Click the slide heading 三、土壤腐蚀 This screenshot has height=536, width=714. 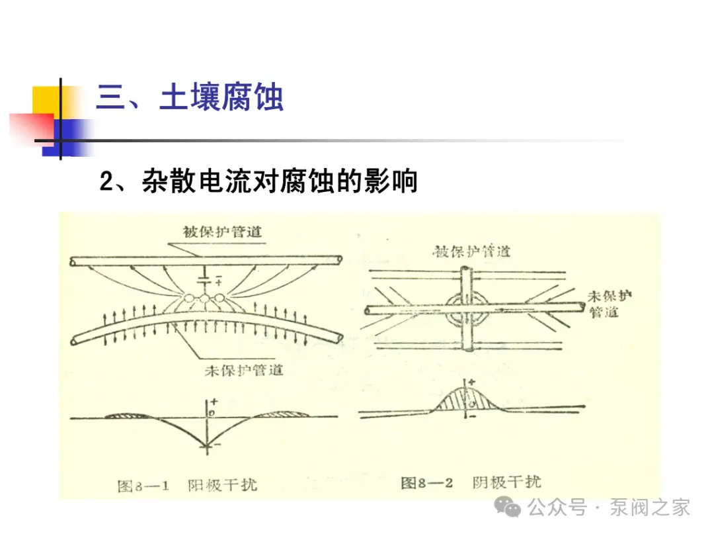point(190,98)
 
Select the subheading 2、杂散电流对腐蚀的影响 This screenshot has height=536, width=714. point(258,181)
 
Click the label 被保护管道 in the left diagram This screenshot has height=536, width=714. point(223,232)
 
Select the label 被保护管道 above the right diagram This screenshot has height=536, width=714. point(471,251)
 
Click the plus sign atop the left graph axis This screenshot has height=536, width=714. point(213,402)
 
